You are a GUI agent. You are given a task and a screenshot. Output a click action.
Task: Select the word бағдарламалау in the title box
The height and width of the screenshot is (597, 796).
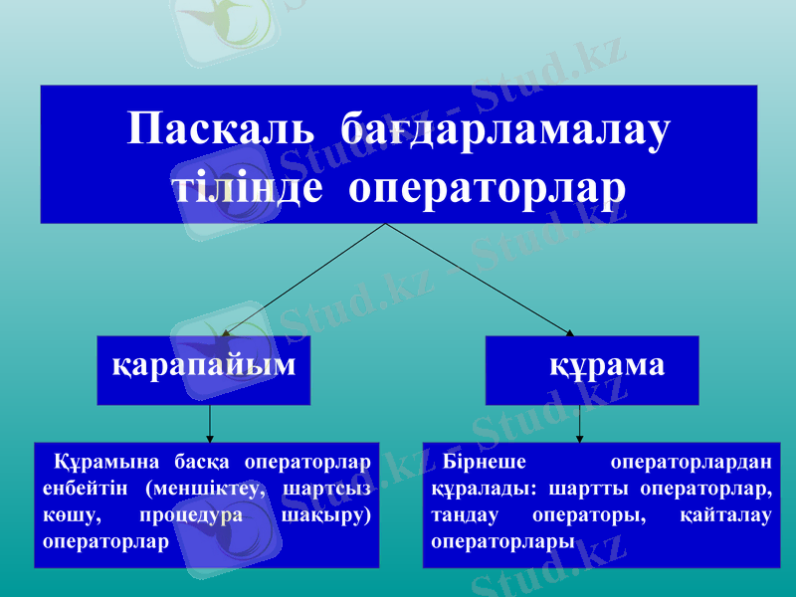[504, 130]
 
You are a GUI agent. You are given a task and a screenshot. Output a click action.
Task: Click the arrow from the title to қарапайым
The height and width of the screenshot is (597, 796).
[303, 281]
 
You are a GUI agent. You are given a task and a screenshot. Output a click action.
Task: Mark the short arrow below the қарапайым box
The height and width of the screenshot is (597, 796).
[210, 423]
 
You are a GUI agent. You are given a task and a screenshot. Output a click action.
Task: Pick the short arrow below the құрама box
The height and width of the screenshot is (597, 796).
[580, 423]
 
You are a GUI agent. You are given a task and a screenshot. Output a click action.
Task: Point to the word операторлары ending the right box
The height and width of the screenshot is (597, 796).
[503, 543]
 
